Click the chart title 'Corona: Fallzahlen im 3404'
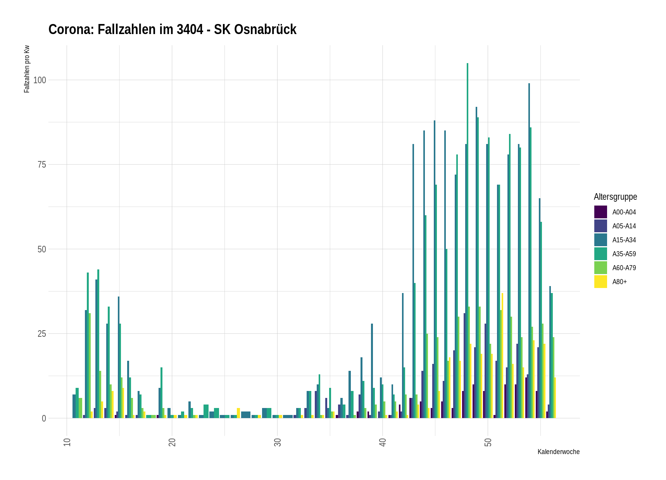point(172,29)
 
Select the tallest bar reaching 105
point(468,240)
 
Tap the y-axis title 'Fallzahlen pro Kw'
point(27,69)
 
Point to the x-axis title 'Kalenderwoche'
point(558,452)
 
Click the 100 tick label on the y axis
point(40,80)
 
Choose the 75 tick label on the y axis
point(41,165)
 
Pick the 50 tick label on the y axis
point(41,249)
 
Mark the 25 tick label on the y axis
point(41,334)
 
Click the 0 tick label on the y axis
point(44,418)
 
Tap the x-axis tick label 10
point(67,442)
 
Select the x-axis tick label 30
point(278,442)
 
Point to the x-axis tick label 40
point(383,442)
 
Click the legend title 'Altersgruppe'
point(615,197)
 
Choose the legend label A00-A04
point(624,212)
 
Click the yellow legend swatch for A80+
point(600,282)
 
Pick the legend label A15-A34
point(624,240)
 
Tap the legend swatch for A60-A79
point(600,268)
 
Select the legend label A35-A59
point(624,254)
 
